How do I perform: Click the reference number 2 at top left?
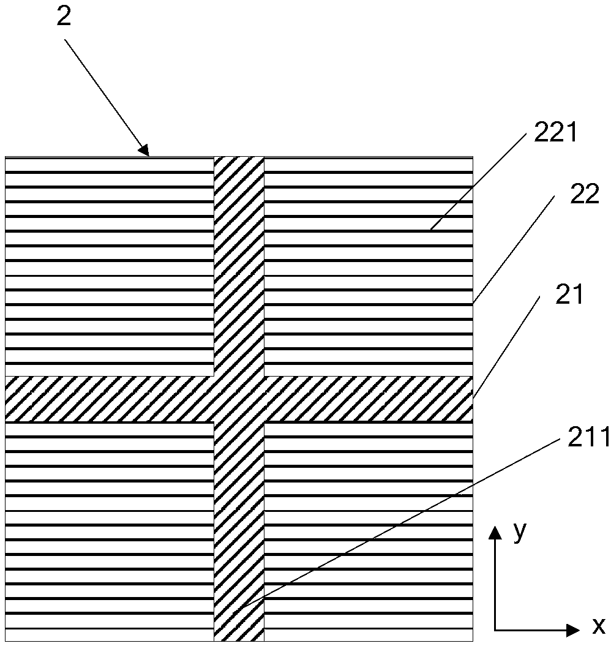coord(63,17)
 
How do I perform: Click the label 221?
coord(556,133)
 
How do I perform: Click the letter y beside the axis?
coord(520,531)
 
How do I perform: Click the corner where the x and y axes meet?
coord(495,629)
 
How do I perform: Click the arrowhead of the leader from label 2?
coord(145,150)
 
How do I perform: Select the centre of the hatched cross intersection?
coord(239,399)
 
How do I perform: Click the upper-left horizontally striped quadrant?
coord(109,266)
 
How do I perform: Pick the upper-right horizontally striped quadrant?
coord(368,266)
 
